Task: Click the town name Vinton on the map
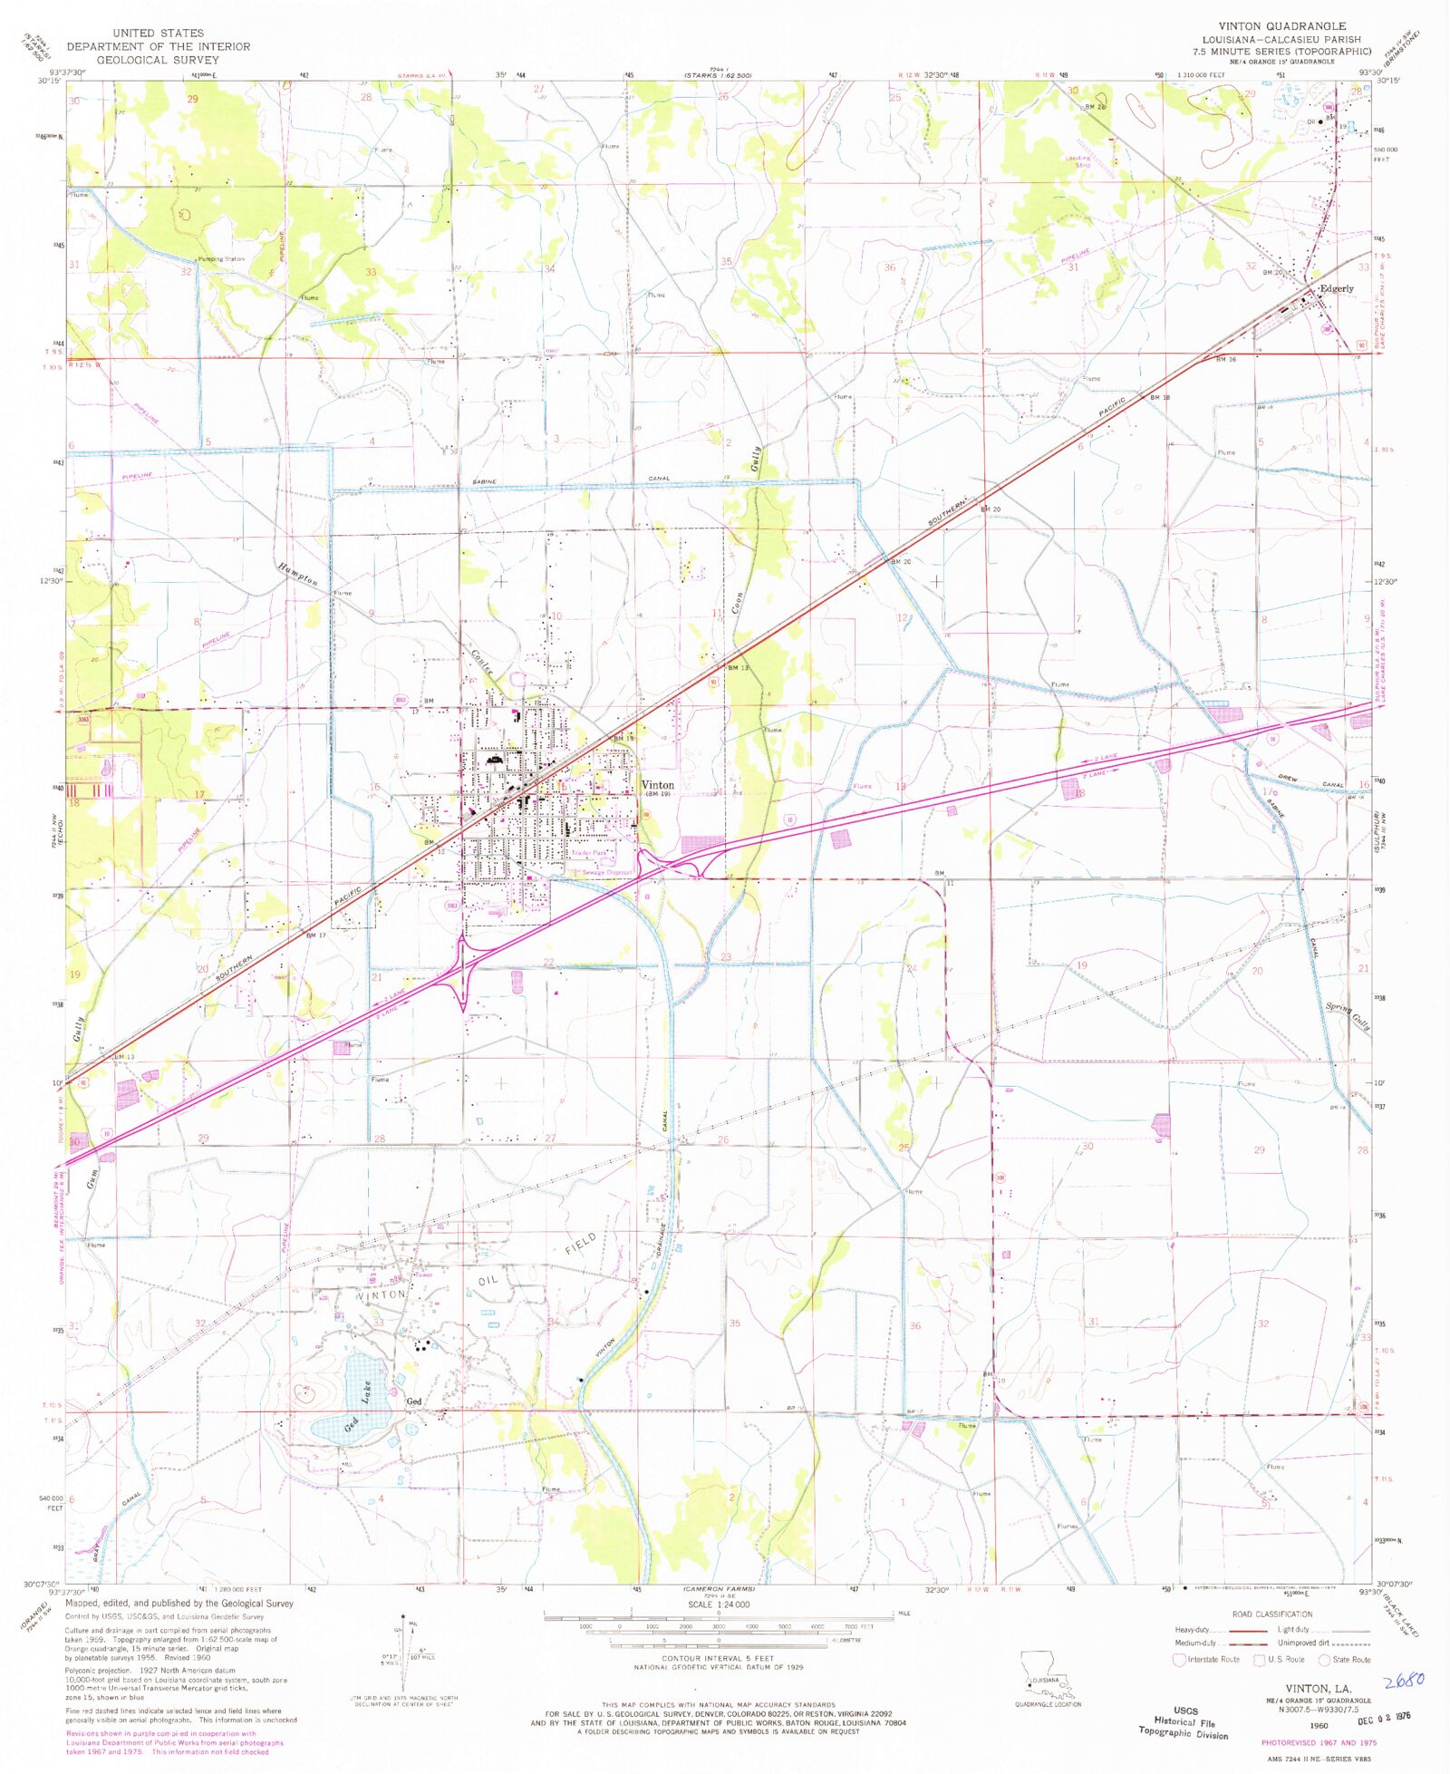click(x=658, y=785)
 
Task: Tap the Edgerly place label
click(x=1336, y=289)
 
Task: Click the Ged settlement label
click(x=414, y=1401)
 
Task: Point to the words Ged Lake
click(x=359, y=1404)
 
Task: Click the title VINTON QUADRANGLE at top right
click(x=1281, y=26)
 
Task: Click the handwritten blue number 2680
click(x=1405, y=1679)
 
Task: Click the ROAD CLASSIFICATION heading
click(x=1271, y=1614)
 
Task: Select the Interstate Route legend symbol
click(x=1179, y=1659)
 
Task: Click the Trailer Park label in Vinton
click(x=589, y=854)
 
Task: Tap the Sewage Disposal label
click(x=606, y=872)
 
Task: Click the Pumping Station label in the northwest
click(x=221, y=259)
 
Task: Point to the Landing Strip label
click(x=1078, y=161)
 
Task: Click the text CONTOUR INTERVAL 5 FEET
click(x=718, y=1658)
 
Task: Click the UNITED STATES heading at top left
click(x=158, y=33)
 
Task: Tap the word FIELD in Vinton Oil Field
click(x=581, y=1243)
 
